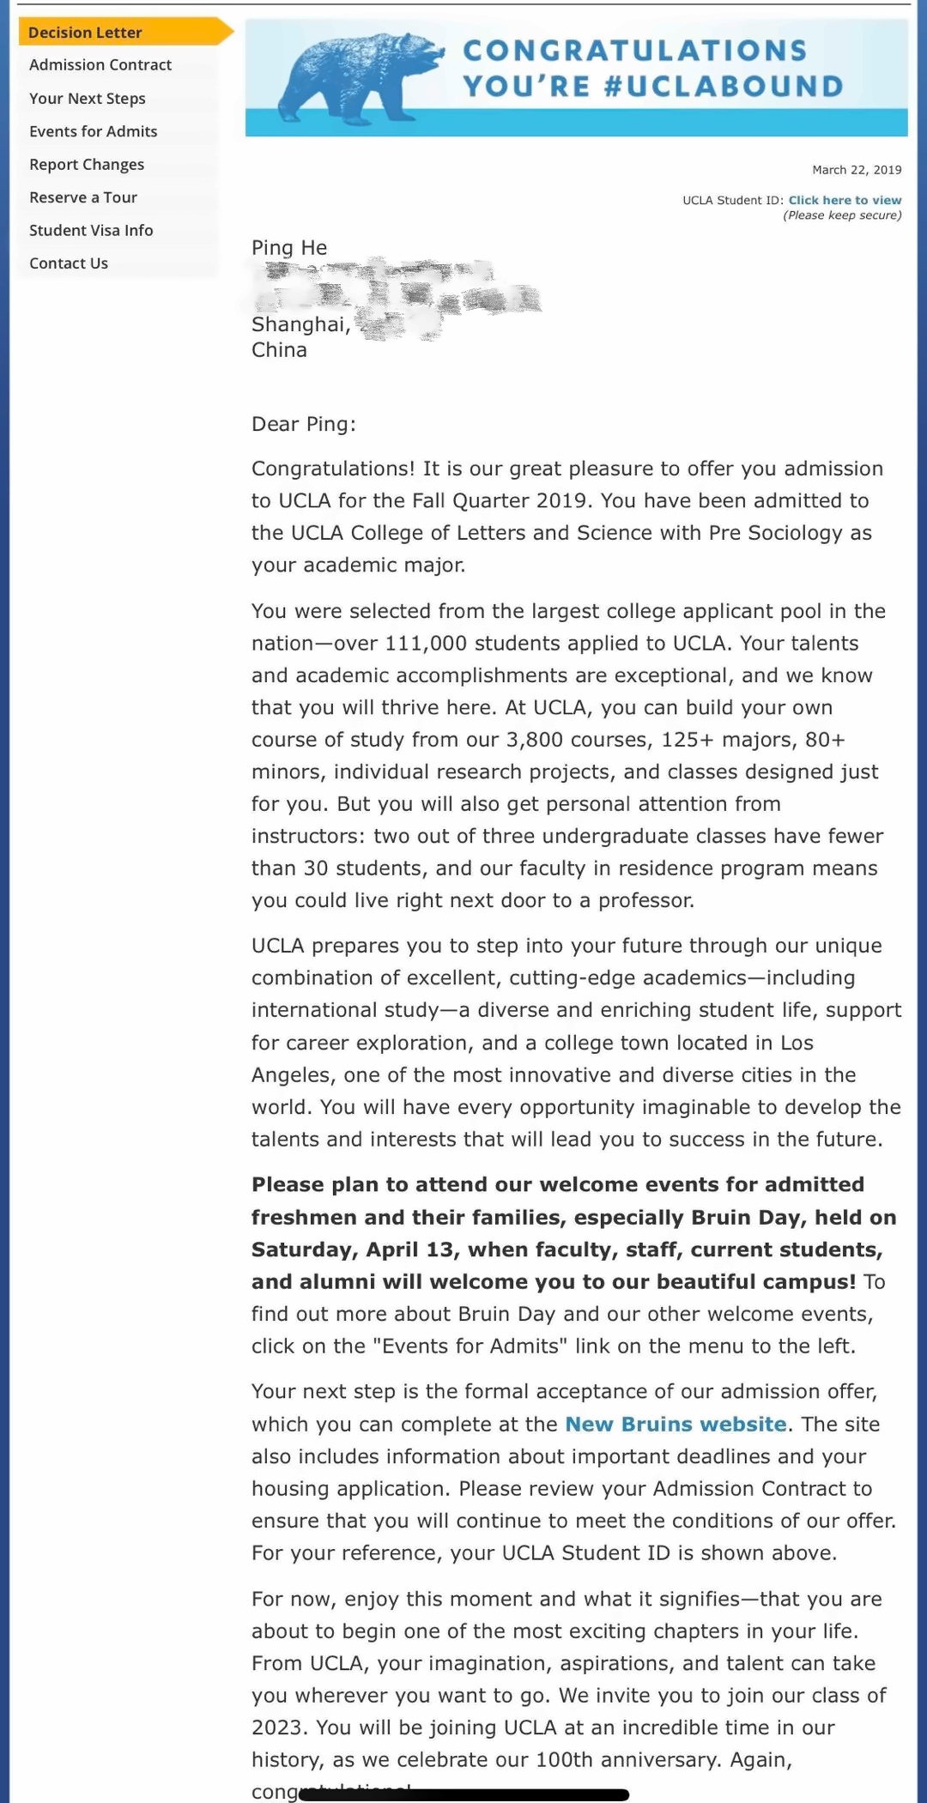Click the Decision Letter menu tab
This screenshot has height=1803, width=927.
85,33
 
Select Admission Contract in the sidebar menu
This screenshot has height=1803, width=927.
100,65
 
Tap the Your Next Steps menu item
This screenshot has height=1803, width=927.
88,99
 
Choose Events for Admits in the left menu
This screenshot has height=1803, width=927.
94,131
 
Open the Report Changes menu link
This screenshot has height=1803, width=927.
87,165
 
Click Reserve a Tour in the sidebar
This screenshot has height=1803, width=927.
83,197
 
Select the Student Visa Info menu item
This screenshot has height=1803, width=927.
91,230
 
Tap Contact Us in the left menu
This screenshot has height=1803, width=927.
69,263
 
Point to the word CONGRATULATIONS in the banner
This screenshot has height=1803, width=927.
635,51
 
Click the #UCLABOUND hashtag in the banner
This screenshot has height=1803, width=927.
724,87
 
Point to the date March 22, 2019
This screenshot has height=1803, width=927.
857,170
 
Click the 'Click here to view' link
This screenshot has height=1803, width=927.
845,200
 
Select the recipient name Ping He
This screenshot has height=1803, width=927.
289,248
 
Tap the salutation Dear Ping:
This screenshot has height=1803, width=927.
303,424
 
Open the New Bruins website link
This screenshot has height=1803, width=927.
676,1425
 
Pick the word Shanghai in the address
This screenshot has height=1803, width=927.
299,324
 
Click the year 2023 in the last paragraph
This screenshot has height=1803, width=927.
276,1727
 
